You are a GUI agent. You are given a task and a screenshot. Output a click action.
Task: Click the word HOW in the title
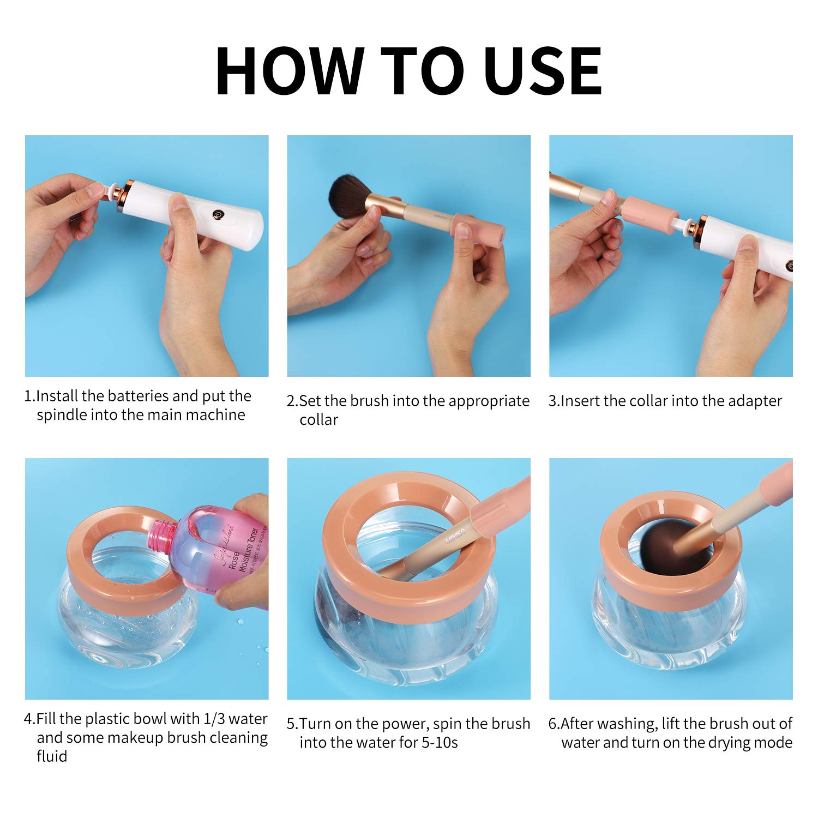click(290, 71)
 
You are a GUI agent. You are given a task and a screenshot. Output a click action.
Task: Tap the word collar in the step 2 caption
click(318, 420)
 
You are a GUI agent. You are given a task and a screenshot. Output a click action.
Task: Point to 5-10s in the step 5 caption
click(440, 743)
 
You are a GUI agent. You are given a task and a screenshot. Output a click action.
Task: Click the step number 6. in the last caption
click(554, 724)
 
